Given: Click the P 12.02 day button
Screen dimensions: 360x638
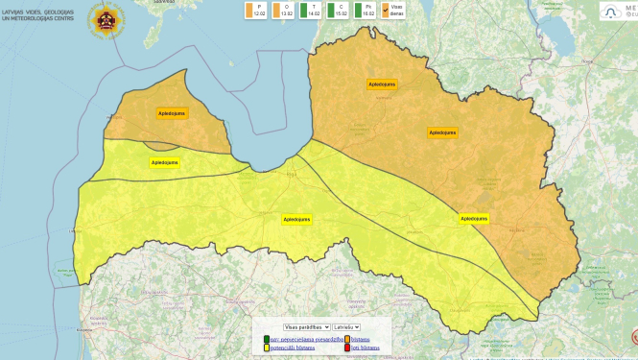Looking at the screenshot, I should tap(257, 11).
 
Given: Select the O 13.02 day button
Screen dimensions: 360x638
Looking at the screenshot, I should tap(284, 11).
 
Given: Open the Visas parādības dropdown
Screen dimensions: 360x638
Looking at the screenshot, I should tap(306, 327).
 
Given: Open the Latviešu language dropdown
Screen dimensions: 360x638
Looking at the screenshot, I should tap(346, 327).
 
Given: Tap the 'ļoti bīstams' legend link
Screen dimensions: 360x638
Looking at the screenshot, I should tap(364, 348).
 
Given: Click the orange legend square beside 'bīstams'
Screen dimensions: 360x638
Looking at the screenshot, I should tap(346, 338).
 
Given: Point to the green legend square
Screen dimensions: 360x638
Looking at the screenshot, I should tap(265, 338).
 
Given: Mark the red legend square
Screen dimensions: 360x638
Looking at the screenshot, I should tap(346, 348).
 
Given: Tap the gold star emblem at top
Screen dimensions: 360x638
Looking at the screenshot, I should tap(106, 17).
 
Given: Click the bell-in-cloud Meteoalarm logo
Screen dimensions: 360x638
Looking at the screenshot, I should tap(611, 11).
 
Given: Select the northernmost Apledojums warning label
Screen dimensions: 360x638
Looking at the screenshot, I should tap(381, 84).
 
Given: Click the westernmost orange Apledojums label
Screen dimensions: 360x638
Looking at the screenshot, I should tap(173, 112).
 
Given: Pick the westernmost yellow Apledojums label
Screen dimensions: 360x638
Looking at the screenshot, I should tap(164, 162).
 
